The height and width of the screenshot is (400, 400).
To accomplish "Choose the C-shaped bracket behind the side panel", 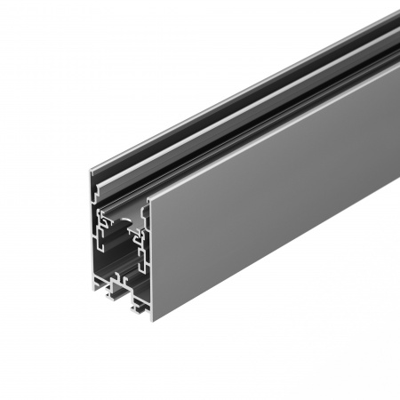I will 139,249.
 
